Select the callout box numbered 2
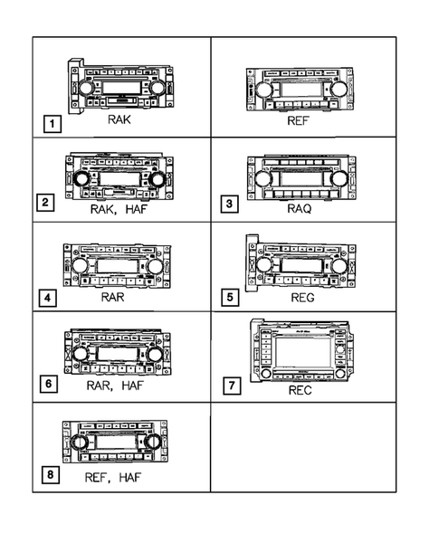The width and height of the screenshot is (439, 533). click(55, 204)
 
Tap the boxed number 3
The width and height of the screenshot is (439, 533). click(231, 204)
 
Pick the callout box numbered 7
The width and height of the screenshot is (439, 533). click(232, 385)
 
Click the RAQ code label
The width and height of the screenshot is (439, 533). click(299, 206)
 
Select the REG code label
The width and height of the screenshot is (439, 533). click(299, 296)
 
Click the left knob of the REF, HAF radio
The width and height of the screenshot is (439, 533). click(79, 443)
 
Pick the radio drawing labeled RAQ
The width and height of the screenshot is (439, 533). click(299, 175)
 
